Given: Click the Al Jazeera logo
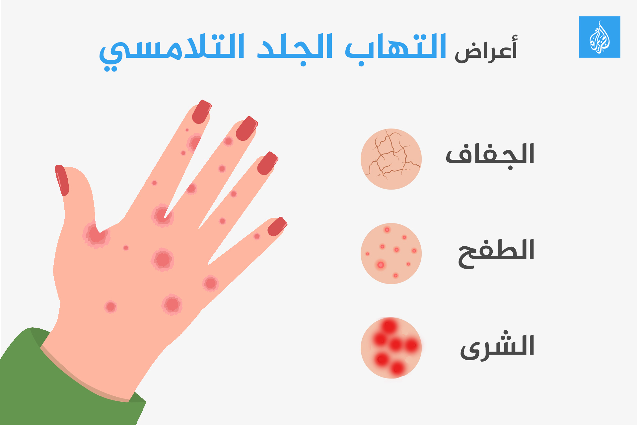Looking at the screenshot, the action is (x=600, y=37).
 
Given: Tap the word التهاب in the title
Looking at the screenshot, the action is (x=395, y=48).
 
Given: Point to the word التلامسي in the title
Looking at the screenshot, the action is (x=172, y=51).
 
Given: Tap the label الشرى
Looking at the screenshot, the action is (x=497, y=347).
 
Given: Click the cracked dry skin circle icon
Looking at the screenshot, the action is (x=391, y=159).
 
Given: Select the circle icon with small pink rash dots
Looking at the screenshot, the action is (x=391, y=253).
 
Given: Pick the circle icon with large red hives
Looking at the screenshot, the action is (x=391, y=348).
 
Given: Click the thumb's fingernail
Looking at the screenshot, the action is (x=62, y=180).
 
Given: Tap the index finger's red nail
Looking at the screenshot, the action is (x=201, y=112).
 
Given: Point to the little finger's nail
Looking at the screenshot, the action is (x=277, y=226).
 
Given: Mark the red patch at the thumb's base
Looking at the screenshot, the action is (x=96, y=234).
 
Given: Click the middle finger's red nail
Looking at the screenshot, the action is (x=247, y=128).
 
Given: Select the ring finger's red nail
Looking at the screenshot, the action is (x=267, y=163).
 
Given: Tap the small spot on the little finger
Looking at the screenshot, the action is (x=257, y=236).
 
